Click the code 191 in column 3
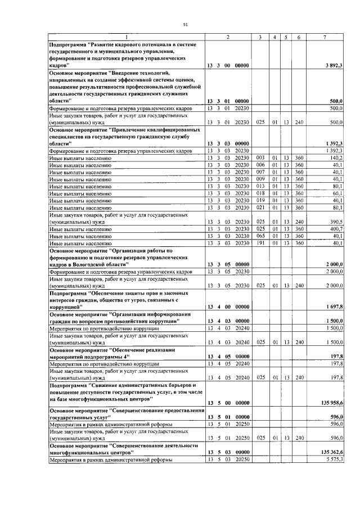click(260, 244)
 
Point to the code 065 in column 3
click(260, 237)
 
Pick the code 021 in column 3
click(260, 207)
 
